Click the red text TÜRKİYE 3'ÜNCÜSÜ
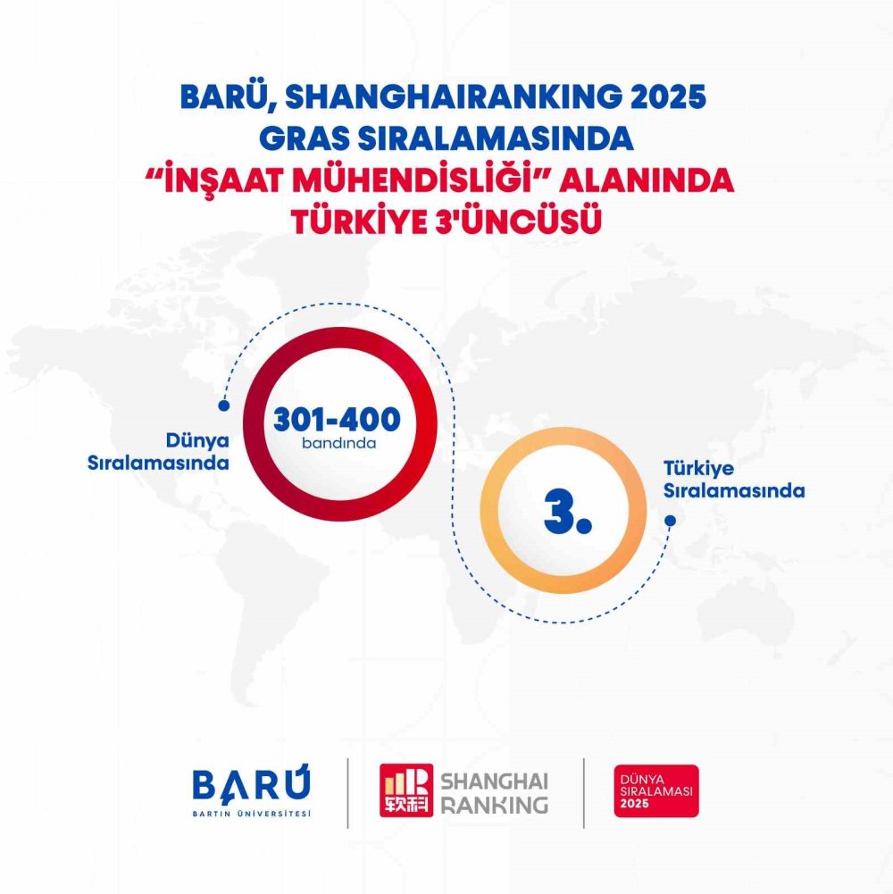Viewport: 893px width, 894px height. [444, 222]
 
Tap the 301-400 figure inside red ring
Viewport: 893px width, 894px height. [337, 419]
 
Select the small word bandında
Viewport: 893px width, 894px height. [338, 442]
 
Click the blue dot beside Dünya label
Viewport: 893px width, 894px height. [224, 405]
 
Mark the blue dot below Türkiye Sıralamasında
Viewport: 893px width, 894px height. [670, 520]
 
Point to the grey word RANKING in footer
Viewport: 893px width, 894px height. [494, 805]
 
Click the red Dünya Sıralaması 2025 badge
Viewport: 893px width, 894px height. [656, 790]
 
